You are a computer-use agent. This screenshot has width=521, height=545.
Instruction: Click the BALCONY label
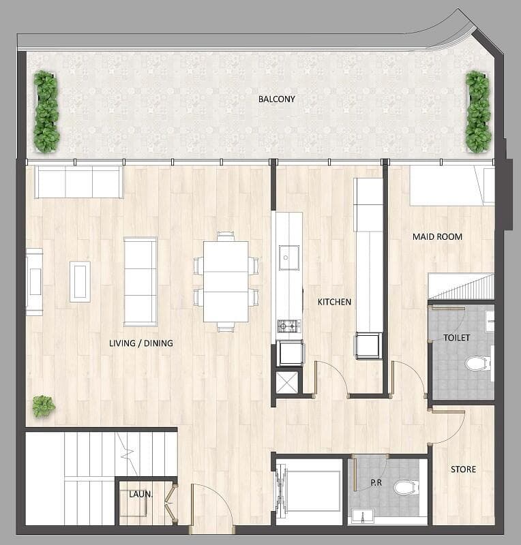276,99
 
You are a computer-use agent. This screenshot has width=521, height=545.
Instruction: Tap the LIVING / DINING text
140,343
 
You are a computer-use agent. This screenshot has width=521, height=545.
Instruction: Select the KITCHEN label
334,301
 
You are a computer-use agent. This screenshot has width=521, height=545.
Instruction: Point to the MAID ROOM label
437,237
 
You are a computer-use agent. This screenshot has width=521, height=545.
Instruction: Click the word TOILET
456,337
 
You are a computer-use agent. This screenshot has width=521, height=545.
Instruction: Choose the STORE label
463,469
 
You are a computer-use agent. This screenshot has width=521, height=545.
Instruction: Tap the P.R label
375,482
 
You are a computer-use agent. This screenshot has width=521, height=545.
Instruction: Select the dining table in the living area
226,281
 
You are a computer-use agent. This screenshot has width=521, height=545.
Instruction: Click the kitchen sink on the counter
289,256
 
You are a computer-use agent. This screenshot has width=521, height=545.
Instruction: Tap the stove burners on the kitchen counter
288,326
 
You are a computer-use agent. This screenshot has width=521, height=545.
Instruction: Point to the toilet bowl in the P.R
405,487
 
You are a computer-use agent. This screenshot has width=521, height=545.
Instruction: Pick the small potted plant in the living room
43,406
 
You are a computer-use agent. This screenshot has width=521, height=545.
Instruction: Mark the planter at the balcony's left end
46,112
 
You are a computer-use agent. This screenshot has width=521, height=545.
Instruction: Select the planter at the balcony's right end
478,112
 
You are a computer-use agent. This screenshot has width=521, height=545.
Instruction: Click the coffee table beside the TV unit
80,281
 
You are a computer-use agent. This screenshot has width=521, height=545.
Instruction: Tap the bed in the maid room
451,186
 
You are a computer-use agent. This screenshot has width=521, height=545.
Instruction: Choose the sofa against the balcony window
78,182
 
